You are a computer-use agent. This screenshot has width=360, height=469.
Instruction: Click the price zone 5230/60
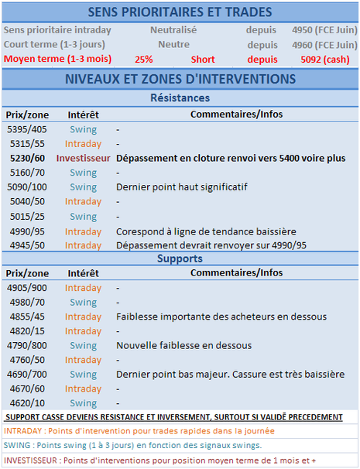(x=27, y=157)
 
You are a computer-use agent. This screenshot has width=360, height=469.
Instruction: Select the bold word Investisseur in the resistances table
(x=83, y=157)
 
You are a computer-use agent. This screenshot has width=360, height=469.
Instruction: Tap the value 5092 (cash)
(x=324, y=59)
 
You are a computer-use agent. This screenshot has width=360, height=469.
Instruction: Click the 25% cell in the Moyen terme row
(x=143, y=59)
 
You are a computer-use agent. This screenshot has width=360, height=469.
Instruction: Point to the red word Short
(x=203, y=59)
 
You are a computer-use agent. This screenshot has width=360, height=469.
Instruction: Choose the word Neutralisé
(x=173, y=29)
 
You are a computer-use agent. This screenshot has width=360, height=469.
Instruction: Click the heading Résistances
(x=180, y=99)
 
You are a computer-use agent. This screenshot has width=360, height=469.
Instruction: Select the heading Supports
(x=180, y=258)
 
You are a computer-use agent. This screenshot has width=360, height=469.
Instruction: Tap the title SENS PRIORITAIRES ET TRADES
(x=180, y=12)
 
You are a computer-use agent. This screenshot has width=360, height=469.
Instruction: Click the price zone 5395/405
(x=27, y=128)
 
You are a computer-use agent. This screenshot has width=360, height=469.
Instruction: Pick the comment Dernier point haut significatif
(x=181, y=187)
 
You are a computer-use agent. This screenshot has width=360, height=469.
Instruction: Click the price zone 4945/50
(x=27, y=245)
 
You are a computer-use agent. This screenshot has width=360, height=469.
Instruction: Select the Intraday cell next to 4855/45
(x=83, y=317)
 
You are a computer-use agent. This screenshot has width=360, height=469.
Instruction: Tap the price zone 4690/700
(x=27, y=374)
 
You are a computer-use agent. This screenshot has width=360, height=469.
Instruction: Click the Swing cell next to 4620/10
(x=83, y=403)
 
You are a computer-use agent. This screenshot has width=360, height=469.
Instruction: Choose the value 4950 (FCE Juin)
(x=324, y=29)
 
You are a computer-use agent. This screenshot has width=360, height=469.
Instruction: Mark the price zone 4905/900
(x=27, y=288)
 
